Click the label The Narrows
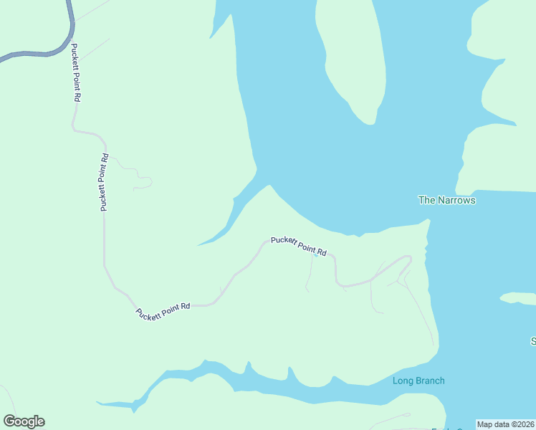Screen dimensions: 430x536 pyautogui.click(x=446, y=201)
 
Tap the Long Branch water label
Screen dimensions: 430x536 pyautogui.click(x=418, y=381)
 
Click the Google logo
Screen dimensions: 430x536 pyautogui.click(x=24, y=421)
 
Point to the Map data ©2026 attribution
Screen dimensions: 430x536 pyautogui.click(x=506, y=424)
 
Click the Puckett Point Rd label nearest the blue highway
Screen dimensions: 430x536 pyautogui.click(x=75, y=73)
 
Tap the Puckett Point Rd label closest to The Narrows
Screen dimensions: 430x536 pyautogui.click(x=298, y=246)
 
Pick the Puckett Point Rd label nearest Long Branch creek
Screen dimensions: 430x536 pyautogui.click(x=163, y=310)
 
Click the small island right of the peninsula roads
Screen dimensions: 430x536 pyautogui.click(x=517, y=297)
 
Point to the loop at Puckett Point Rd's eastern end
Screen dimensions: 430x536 pyautogui.click(x=403, y=266)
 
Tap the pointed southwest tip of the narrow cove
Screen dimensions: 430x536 pyautogui.click(x=198, y=245)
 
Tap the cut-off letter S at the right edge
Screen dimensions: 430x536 pyautogui.click(x=533, y=340)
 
